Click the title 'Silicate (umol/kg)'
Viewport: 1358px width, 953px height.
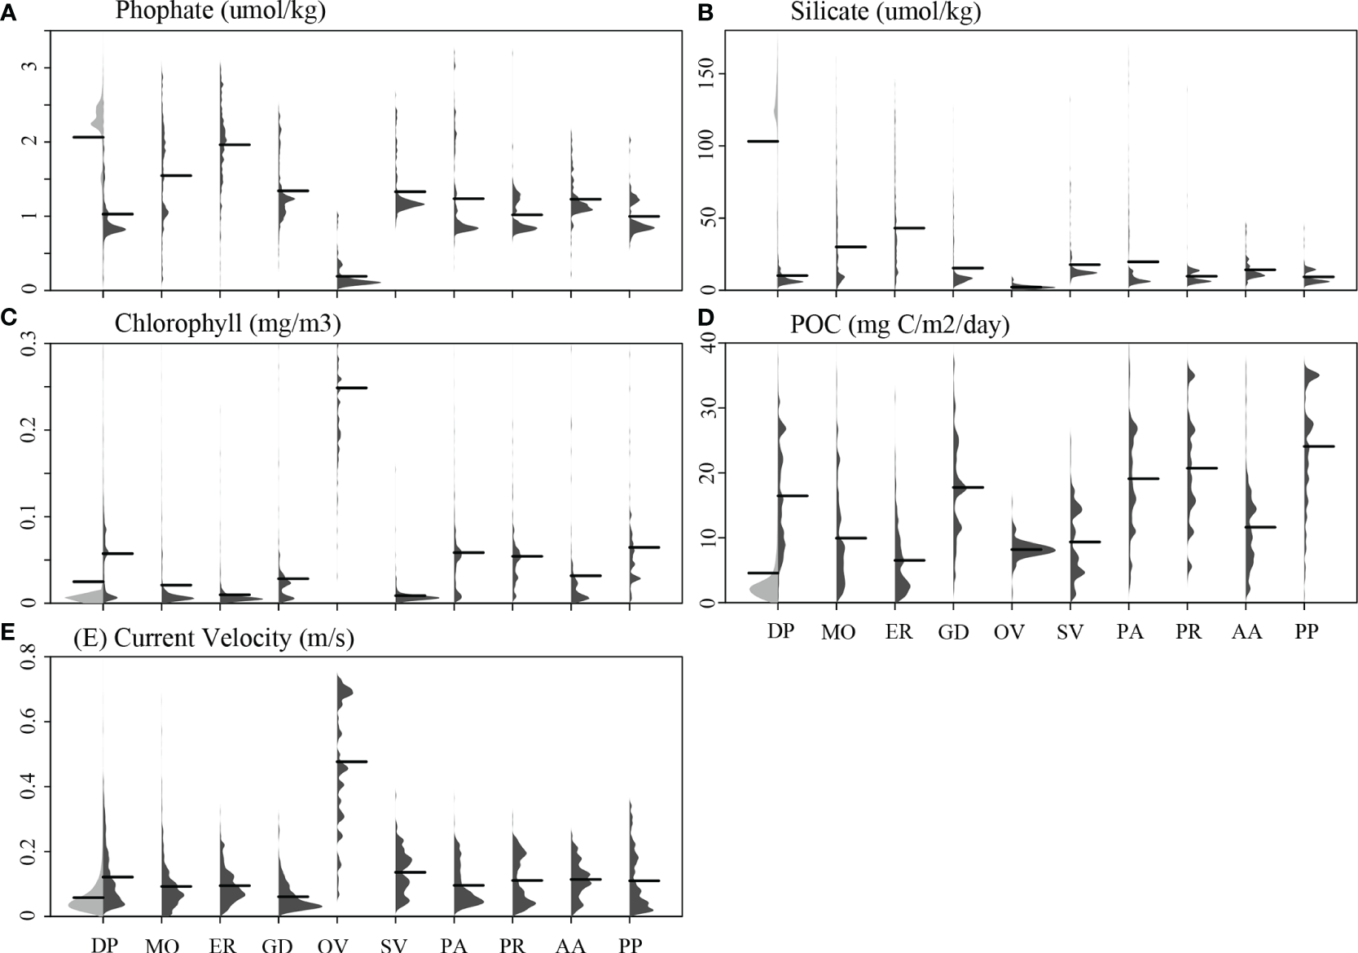pos(886,11)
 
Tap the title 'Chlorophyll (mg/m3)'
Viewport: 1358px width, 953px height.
pos(227,323)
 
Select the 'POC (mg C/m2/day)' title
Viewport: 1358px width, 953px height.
pos(899,324)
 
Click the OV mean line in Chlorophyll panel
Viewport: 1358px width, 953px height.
pos(351,388)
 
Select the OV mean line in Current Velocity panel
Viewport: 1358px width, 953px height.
pos(351,762)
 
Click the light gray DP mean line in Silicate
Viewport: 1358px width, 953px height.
pos(763,141)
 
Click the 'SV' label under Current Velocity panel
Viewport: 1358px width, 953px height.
pos(393,945)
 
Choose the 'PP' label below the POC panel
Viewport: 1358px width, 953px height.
pos(1306,631)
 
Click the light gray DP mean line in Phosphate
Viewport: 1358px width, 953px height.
pos(88,137)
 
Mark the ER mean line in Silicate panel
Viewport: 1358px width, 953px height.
pos(909,228)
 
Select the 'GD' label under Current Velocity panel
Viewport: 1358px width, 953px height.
pos(277,945)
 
